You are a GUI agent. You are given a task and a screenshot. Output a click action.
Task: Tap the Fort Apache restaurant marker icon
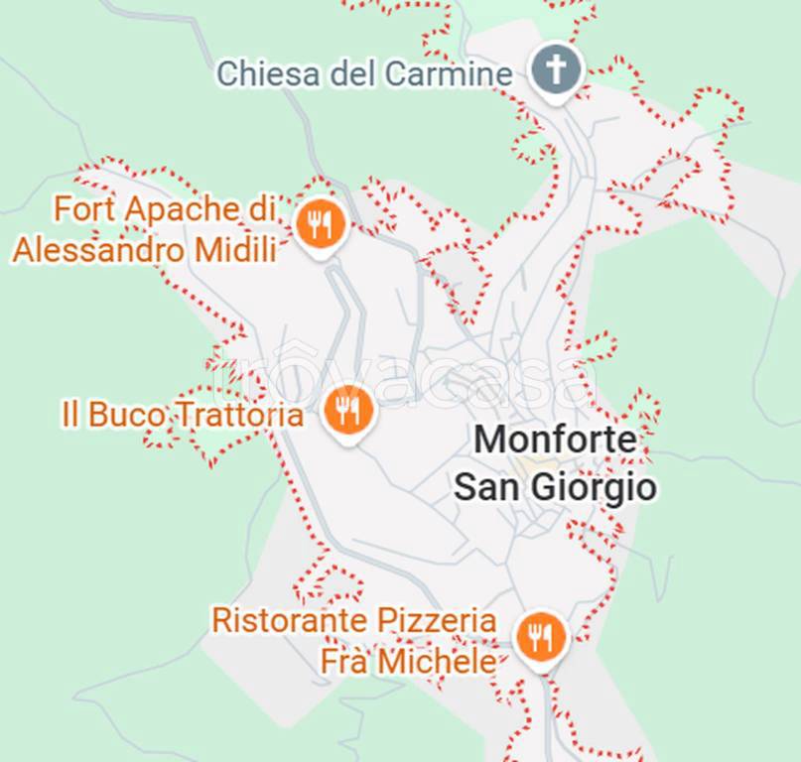320,224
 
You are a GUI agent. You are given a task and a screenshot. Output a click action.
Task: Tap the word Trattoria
237,415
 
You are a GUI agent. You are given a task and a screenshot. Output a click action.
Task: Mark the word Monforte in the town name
555,440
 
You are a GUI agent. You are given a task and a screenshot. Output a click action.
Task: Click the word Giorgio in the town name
601,487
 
